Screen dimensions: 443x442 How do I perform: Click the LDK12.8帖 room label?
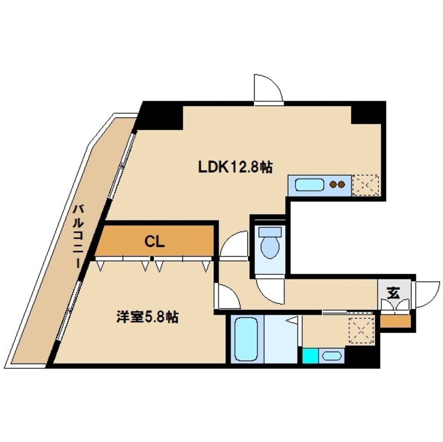(235, 167)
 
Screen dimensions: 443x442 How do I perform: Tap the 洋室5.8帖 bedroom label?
(147, 317)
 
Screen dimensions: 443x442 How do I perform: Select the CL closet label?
(154, 242)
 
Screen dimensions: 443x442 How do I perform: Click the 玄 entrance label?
(393, 293)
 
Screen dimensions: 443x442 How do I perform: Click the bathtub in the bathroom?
(246, 339)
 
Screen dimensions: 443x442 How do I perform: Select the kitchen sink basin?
(309, 185)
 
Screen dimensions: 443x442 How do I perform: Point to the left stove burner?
(334, 184)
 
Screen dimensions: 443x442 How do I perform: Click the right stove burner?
(342, 184)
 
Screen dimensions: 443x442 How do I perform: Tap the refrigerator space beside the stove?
(365, 185)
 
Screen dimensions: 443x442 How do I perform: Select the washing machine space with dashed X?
(361, 330)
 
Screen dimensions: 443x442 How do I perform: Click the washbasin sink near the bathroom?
(331, 356)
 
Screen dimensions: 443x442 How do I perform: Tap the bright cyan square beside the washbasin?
(310, 356)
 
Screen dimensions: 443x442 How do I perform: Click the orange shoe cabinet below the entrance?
(395, 321)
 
